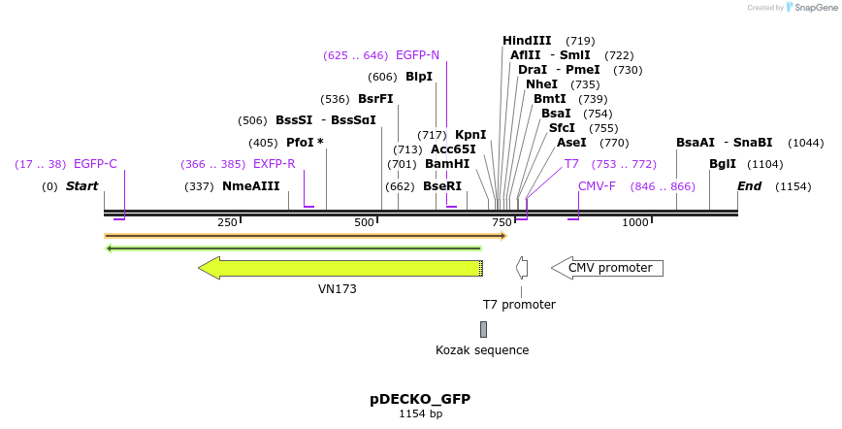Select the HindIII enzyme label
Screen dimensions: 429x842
point(527,41)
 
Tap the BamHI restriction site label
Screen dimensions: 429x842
point(447,164)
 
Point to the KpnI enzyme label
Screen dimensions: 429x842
point(470,135)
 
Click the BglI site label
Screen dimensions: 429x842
point(723,164)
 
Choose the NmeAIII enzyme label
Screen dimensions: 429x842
point(250,186)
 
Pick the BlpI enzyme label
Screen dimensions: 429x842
point(419,77)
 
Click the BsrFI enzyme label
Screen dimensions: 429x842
point(375,99)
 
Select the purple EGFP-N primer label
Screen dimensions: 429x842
point(417,55)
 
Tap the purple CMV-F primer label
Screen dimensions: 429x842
point(597,186)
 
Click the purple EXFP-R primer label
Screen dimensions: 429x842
point(274,164)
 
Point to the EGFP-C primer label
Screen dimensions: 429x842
point(95,164)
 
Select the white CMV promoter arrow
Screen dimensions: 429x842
point(607,268)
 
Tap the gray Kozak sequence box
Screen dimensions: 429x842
point(483,329)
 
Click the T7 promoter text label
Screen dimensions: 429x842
point(519,305)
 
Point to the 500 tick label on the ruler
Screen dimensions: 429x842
point(364,223)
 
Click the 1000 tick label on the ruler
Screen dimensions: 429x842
point(634,223)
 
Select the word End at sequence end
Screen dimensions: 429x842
point(749,186)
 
